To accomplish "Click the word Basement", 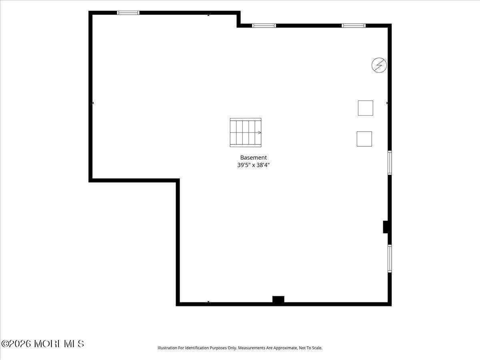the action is [x=253, y=157].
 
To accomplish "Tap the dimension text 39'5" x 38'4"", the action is [x=253, y=165].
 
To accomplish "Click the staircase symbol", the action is [x=245, y=132].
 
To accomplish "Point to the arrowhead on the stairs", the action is [x=260, y=132].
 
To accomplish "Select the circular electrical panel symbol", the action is [x=379, y=65].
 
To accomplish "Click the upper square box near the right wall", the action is [x=366, y=108].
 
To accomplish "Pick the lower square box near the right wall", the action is [x=364, y=139].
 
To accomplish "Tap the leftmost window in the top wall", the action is [x=128, y=13].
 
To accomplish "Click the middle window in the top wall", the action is [x=264, y=26].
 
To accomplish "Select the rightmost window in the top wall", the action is [x=354, y=26].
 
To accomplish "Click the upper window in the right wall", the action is [x=390, y=163].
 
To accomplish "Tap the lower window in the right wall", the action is [x=390, y=258].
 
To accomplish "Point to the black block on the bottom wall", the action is [x=278, y=299].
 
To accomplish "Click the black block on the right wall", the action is [x=386, y=227].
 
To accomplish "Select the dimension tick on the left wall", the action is [x=93, y=103].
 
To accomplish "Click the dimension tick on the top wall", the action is [x=208, y=15].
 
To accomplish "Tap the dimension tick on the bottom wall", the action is [x=208, y=302].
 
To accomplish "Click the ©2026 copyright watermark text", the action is [x=42, y=344].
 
